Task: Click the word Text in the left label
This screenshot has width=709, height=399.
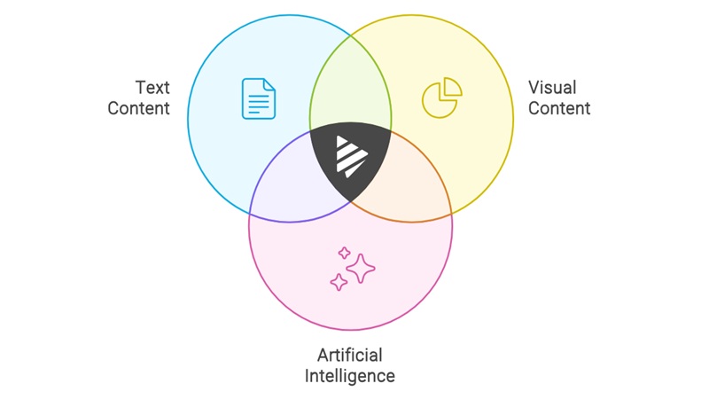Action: [152, 88]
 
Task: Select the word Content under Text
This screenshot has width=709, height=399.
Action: [139, 109]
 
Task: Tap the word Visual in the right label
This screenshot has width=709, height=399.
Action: [552, 88]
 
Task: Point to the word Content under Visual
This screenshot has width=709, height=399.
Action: [559, 109]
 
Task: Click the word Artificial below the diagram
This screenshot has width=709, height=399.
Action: [350, 356]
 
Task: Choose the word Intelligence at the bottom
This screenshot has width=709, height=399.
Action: [350, 376]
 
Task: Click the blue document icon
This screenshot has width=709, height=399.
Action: [257, 98]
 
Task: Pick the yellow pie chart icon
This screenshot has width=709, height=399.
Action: [440, 98]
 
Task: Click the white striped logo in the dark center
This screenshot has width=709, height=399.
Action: [350, 157]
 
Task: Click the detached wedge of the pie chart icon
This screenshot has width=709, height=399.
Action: [452, 87]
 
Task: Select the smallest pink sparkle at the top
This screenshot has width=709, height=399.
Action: [344, 253]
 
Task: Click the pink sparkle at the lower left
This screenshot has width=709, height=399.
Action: [339, 282]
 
